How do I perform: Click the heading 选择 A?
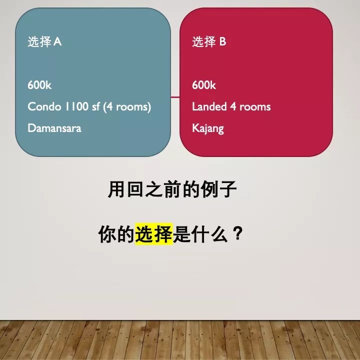[44, 42]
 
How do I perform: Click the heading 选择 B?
[209, 42]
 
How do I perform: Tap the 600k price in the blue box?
[39, 85]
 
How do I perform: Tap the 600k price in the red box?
[204, 85]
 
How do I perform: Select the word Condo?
[44, 106]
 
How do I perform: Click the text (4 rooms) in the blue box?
[127, 107]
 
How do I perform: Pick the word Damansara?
[54, 128]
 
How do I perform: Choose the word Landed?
[209, 106]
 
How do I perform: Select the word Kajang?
[208, 128]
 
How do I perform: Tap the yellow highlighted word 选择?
[153, 234]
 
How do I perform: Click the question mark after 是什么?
[237, 233]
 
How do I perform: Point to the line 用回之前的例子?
[172, 189]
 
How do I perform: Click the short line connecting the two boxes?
[175, 97]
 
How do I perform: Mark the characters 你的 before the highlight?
[116, 234]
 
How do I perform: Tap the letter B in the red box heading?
[222, 42]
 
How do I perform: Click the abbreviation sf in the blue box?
[95, 106]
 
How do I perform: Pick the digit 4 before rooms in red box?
[233, 107]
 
